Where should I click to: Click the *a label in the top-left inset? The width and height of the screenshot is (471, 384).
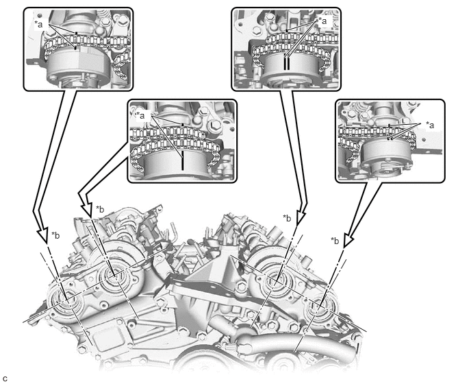39,25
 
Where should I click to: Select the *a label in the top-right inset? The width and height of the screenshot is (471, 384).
322,21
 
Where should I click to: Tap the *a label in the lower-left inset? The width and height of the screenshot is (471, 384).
140,115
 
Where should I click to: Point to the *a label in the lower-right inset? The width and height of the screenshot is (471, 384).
430,125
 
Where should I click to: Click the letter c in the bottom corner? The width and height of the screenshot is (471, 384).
4,378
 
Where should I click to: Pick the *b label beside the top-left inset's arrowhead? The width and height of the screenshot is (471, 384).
55,235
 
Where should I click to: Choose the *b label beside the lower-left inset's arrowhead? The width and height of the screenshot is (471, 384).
100,209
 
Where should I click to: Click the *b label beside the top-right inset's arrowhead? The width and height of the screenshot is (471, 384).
287,218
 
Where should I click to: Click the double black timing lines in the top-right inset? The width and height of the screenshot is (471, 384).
287,62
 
